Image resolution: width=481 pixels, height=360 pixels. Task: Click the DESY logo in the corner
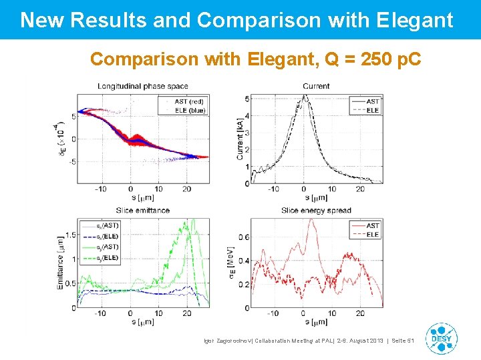[442, 339]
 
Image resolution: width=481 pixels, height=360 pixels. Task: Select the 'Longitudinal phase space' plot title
[143, 86]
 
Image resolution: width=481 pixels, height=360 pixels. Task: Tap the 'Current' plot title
[315, 86]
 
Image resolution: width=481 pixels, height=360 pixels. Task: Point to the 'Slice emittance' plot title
[143, 210]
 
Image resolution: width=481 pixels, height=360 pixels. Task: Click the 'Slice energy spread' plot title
[316, 210]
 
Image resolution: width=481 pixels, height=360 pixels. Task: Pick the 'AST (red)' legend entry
[188, 101]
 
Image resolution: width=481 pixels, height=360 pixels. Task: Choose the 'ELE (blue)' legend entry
[190, 110]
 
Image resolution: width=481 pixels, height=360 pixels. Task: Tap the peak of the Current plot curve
[305, 95]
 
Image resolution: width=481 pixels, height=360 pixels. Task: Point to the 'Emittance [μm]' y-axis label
[60, 263]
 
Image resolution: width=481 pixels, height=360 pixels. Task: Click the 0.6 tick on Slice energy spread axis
[245, 237]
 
